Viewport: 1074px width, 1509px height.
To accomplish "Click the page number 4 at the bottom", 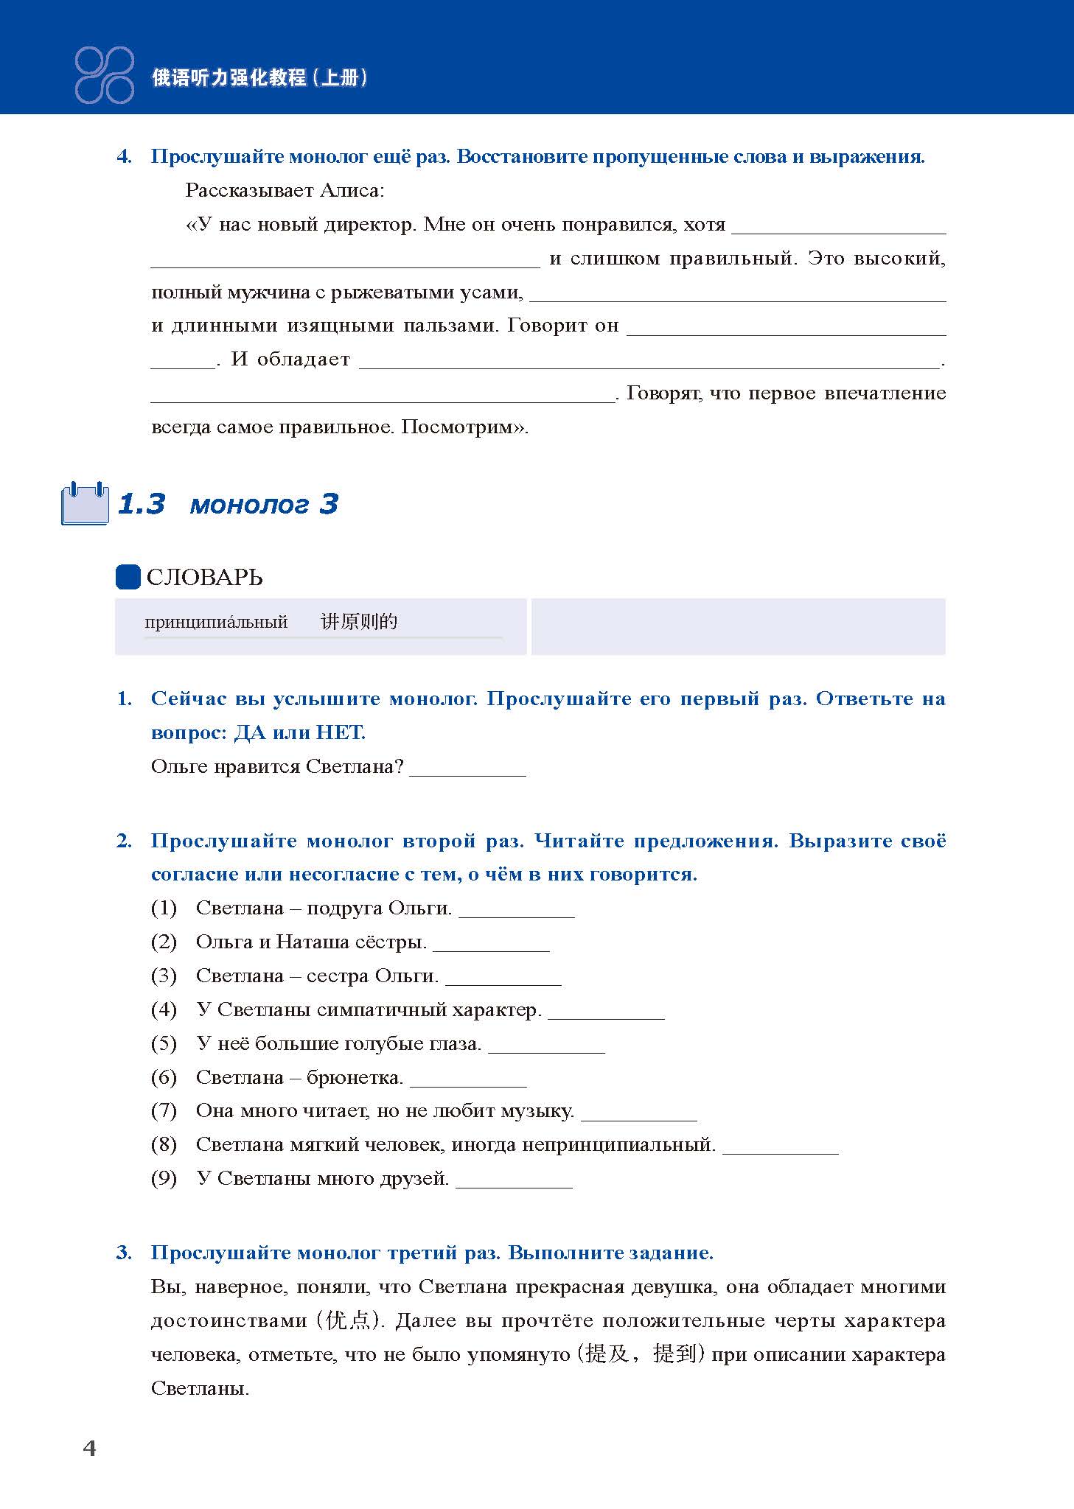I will (x=89, y=1448).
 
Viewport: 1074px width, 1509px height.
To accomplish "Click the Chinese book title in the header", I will (x=259, y=77).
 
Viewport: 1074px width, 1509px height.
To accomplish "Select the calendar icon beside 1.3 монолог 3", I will (x=83, y=504).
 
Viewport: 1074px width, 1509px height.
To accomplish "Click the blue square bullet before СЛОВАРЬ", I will (x=128, y=577).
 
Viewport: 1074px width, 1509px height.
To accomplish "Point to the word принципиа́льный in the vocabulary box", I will (x=216, y=622).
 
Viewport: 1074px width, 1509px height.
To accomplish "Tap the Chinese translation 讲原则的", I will (x=359, y=622).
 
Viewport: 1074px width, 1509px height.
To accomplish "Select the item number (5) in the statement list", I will (x=164, y=1043).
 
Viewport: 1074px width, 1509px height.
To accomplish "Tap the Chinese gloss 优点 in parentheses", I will (x=349, y=1320).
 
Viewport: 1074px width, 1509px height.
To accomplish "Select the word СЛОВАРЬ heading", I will (x=204, y=578).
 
